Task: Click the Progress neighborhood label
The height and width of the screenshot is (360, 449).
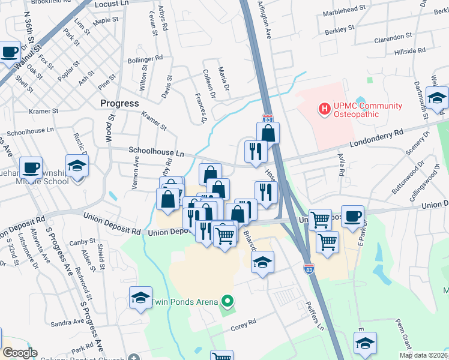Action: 119,103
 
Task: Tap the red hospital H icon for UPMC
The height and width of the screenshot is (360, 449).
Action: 325,109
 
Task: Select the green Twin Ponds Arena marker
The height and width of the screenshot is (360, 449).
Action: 227,301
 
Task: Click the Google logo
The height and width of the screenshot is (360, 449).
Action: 20,353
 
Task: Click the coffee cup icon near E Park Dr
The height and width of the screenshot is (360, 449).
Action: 353,216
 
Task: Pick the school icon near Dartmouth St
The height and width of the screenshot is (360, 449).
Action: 437,97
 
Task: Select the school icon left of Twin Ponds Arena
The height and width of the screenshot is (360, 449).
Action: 140,297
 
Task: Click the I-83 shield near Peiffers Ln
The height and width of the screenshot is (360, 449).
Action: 309,269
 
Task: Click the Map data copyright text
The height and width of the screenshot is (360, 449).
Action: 423,355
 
